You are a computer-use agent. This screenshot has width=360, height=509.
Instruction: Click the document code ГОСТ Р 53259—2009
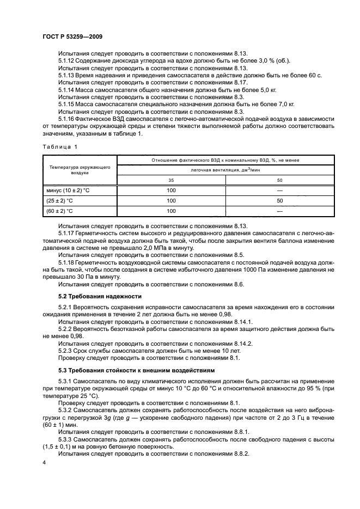coord(72,35)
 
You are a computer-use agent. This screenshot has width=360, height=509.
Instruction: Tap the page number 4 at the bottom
coord(44,462)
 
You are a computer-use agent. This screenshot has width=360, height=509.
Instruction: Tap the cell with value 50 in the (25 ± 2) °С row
coord(280,200)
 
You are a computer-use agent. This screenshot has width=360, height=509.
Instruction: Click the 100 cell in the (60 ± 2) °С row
coord(171,211)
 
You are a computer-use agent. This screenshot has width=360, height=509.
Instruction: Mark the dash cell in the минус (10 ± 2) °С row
coord(280,190)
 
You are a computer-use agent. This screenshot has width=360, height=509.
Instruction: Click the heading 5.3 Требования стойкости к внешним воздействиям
coord(136,370)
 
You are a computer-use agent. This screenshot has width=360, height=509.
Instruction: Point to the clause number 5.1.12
coord(67,60)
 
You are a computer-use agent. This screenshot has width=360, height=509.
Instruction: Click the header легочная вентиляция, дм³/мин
coord(225,169)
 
